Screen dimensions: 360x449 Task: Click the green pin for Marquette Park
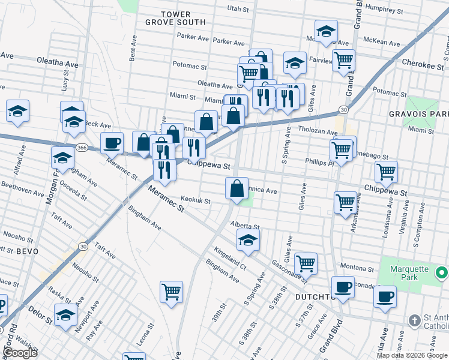point(441,274)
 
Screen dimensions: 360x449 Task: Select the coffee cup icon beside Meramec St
point(112,143)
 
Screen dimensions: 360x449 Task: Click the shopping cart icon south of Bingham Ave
point(171,292)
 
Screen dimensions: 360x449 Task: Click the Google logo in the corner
point(20,353)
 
